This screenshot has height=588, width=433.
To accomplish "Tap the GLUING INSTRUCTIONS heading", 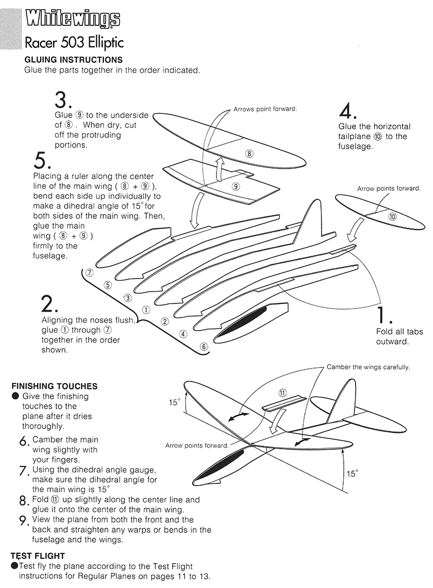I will click(x=74, y=60).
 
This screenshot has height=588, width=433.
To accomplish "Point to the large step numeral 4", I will click(x=347, y=111).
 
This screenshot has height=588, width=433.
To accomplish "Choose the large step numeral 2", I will click(x=50, y=305).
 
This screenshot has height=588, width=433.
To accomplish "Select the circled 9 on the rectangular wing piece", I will click(x=235, y=186).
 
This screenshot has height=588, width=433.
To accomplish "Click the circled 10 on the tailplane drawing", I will click(x=392, y=216).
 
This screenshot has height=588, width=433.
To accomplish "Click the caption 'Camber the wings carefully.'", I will click(x=368, y=367).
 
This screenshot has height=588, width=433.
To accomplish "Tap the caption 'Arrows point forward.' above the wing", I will click(x=265, y=109).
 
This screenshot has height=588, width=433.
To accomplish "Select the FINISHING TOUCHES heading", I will click(x=54, y=386).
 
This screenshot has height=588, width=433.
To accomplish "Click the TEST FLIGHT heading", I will click(x=38, y=556).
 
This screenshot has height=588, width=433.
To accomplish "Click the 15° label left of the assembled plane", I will click(x=174, y=402).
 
